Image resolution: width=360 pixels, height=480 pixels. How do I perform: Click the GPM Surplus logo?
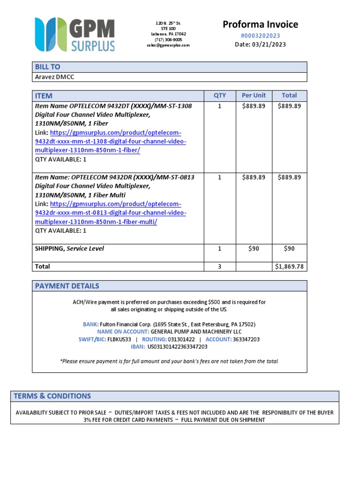[75, 34]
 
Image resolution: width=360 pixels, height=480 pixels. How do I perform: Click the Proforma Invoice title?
[260, 24]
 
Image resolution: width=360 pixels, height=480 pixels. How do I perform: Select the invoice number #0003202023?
[260, 36]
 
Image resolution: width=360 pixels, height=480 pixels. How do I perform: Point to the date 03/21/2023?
[269, 45]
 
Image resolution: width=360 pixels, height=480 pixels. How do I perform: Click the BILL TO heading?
[47, 67]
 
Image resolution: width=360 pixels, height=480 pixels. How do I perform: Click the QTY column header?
[219, 95]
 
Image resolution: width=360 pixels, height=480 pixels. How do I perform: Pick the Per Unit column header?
[254, 95]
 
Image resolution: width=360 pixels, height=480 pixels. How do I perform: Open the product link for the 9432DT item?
[111, 142]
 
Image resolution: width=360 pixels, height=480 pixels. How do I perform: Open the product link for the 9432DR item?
[111, 213]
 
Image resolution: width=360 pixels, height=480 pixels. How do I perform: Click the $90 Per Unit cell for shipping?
[254, 248]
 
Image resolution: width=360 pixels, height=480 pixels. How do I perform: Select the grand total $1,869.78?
[289, 266]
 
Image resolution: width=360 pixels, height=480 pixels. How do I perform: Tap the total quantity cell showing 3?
[219, 266]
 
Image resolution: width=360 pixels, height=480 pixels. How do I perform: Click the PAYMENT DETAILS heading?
[67, 286]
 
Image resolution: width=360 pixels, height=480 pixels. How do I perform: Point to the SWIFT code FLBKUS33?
[119, 339]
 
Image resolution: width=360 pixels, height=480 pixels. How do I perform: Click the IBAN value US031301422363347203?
[177, 347]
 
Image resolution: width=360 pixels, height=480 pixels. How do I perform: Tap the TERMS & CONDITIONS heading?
[52, 396]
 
